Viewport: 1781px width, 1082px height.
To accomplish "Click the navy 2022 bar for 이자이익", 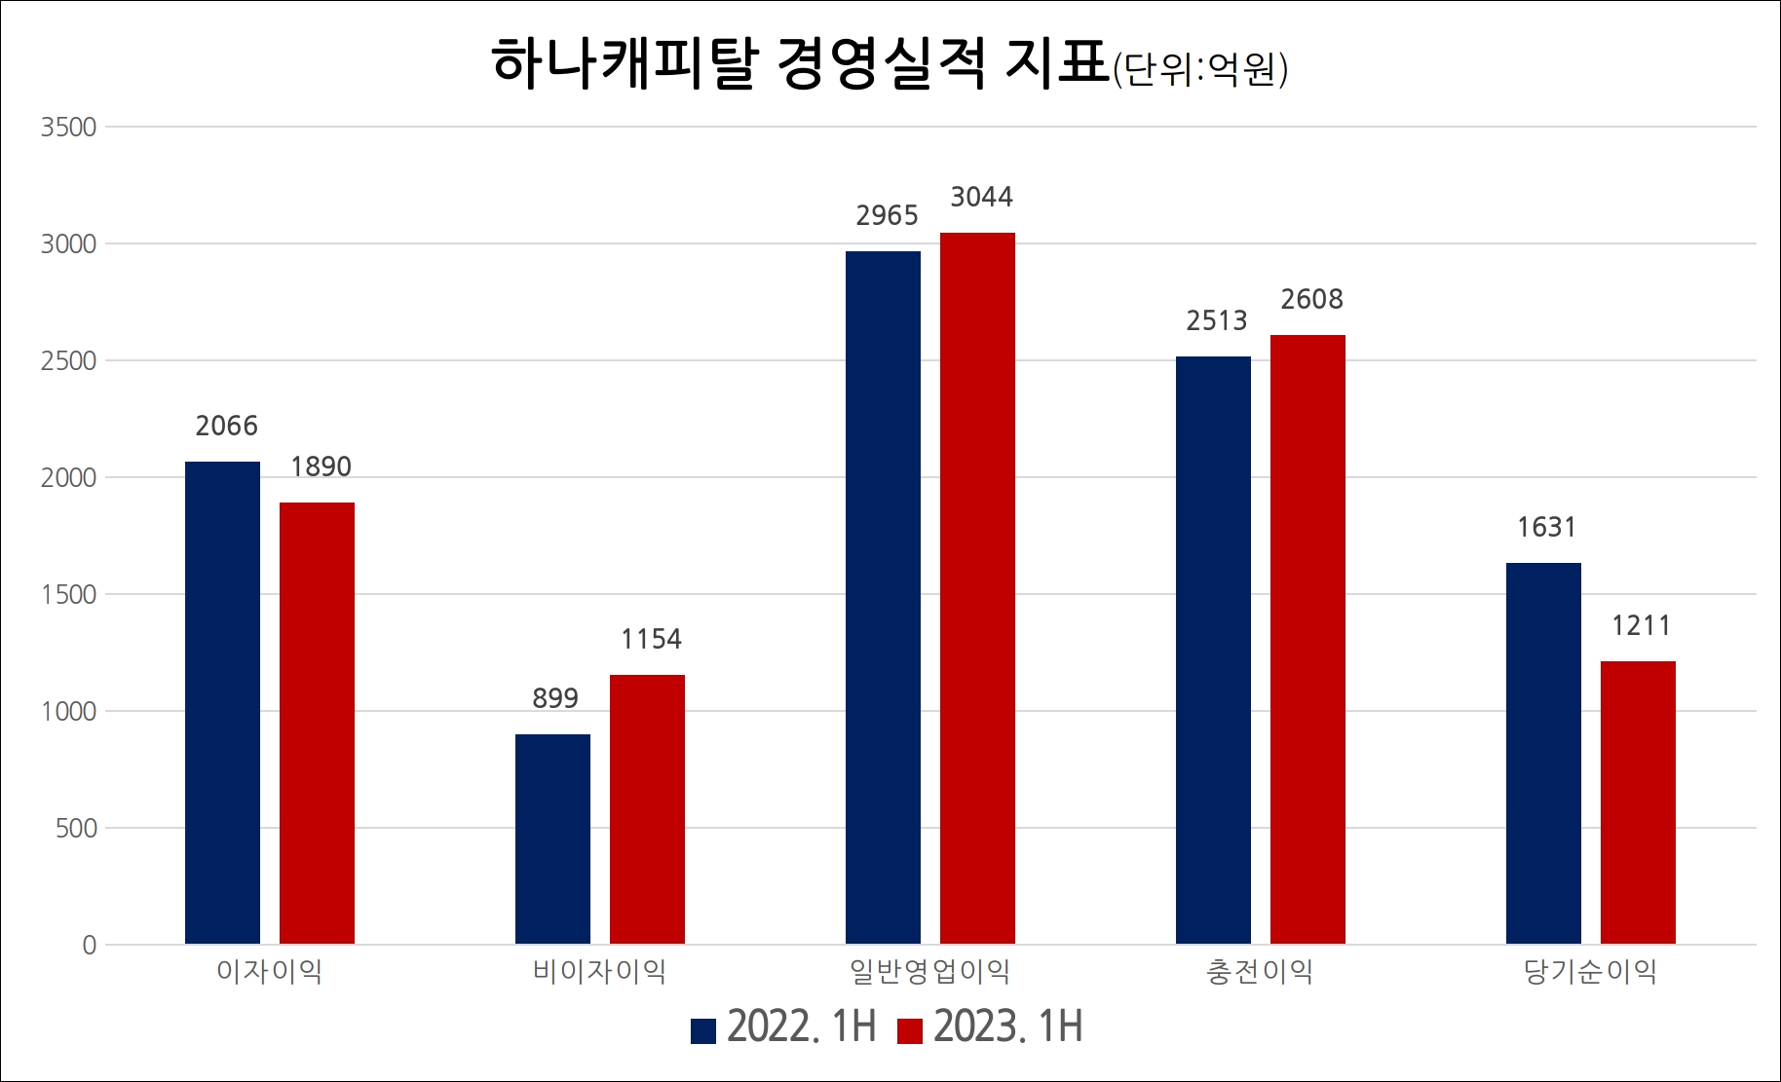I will [222, 702].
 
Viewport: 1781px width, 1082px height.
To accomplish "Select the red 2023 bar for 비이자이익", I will [647, 809].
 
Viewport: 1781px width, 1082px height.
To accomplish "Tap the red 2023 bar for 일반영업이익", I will [977, 588].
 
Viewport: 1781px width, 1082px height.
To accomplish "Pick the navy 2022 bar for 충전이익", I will [1213, 650].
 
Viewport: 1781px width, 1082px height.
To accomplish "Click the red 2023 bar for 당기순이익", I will [1638, 802].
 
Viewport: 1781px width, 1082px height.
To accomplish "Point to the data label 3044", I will [981, 198].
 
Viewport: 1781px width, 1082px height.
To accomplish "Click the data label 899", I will [554, 698].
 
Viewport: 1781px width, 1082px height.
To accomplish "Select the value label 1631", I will [1546, 528].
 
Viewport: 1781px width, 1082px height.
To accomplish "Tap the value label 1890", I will [321, 467].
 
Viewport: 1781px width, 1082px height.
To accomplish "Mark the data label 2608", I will [1311, 300].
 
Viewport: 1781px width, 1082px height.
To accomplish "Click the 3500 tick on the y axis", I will [68, 128].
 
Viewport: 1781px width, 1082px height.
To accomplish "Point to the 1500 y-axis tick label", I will [68, 595].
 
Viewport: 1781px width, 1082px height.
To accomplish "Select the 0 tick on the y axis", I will [89, 945].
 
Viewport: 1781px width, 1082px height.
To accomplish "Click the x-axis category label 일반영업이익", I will [929, 972].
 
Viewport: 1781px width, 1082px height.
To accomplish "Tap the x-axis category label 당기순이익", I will [1590, 972].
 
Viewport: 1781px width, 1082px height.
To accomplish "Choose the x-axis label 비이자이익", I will [599, 972].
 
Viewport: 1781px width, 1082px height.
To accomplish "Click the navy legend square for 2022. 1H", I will [703, 1030].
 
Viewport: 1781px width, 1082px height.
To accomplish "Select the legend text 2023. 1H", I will [1007, 1027].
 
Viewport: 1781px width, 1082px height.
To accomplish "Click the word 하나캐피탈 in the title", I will [624, 64].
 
